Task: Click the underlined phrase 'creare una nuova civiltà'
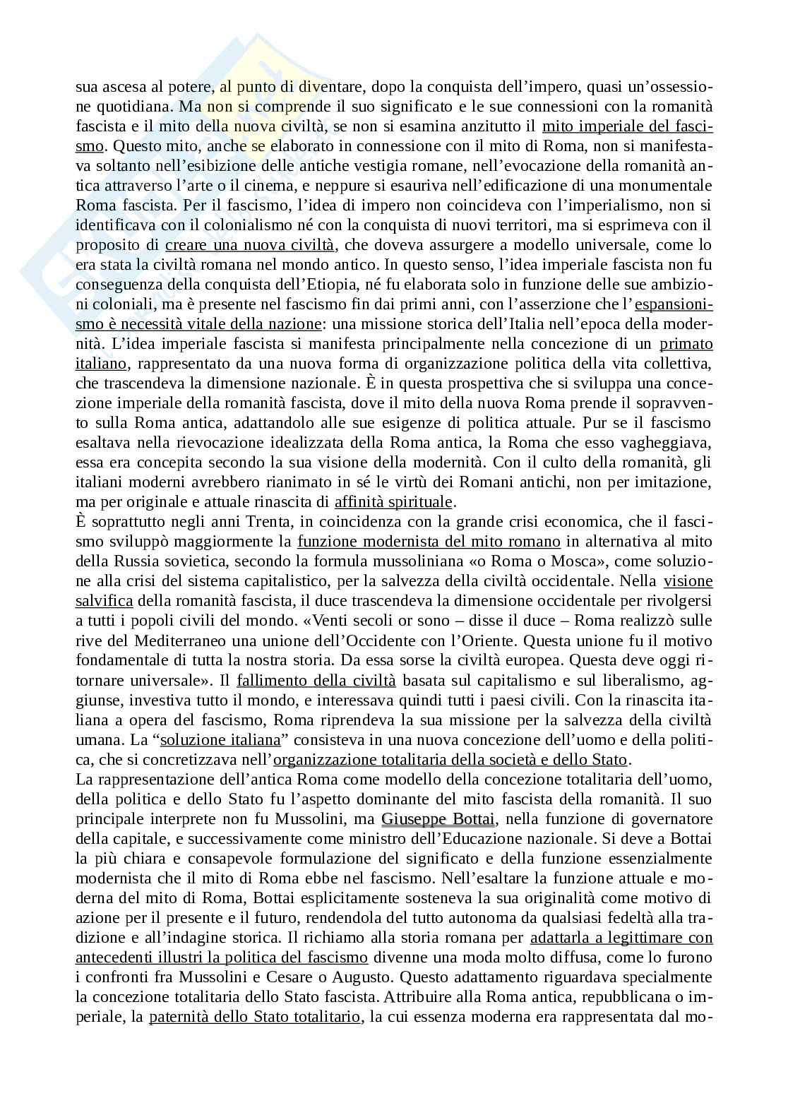coord(250,245)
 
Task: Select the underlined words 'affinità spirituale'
coord(393,502)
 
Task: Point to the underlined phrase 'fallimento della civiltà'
coord(316,681)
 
